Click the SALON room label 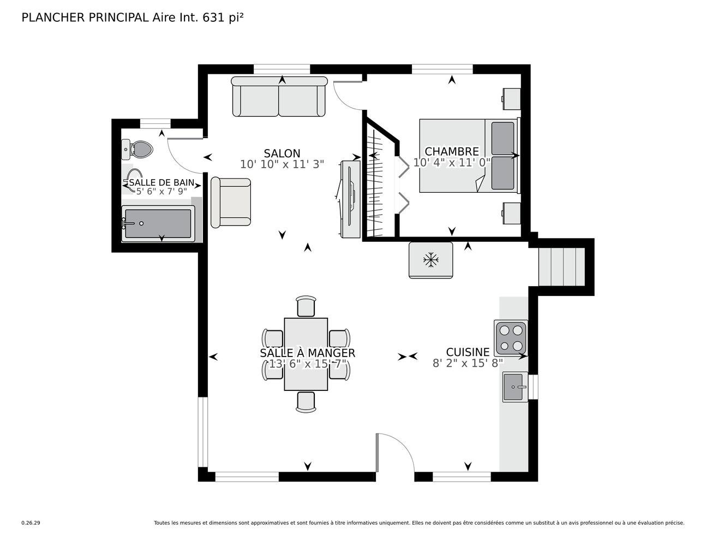coord(282,153)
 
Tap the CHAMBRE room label coord(452,151)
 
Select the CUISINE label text coord(468,352)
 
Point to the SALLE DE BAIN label coord(161,183)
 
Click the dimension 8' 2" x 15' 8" coord(468,363)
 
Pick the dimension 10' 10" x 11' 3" coord(282,164)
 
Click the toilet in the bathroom coord(137,150)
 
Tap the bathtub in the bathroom coord(158,224)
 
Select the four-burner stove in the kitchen coord(511,338)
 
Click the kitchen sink coord(515,387)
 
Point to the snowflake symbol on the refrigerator coord(431,260)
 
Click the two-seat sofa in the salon coord(279,97)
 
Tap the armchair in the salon coord(231,203)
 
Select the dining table coord(306,354)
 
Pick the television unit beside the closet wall coord(350,199)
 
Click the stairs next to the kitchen coord(561,267)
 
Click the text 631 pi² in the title coord(223,17)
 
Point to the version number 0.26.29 coord(31,523)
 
